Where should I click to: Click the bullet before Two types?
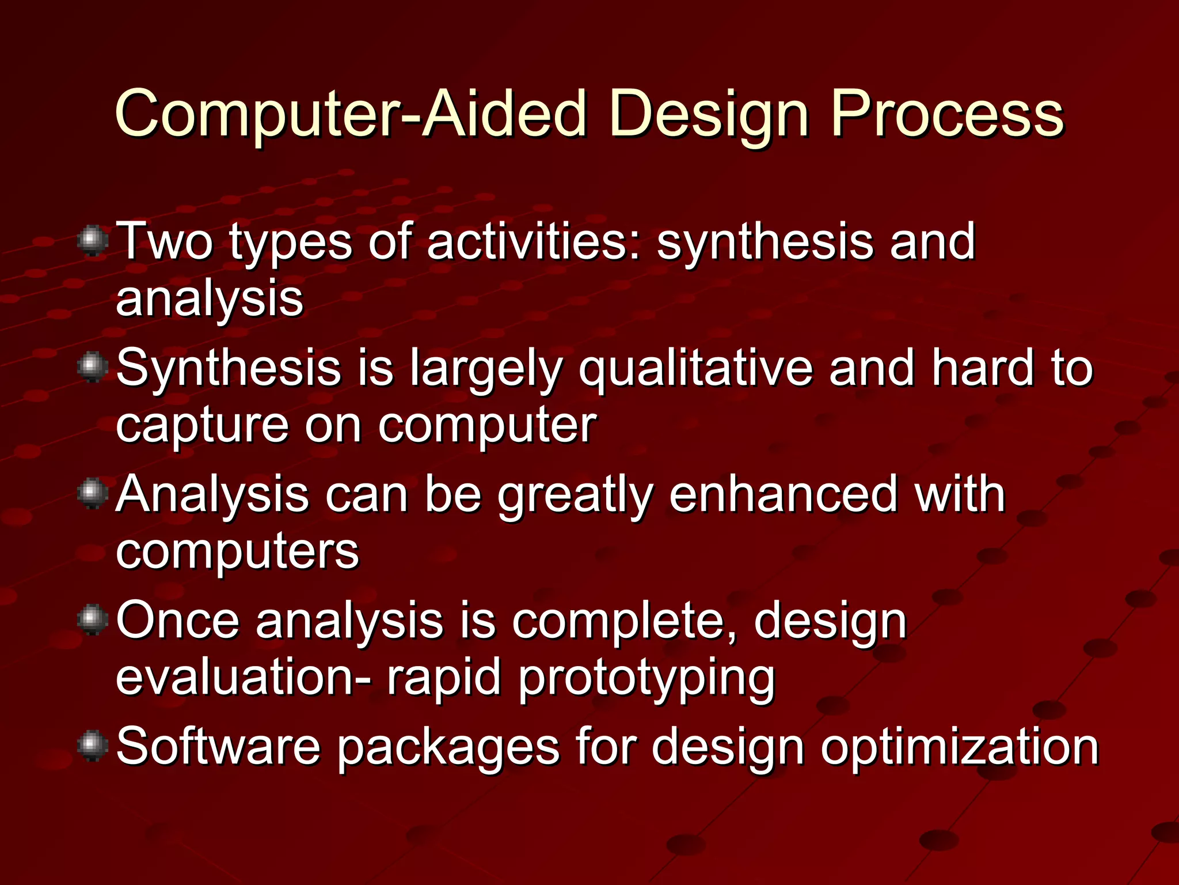click(92, 241)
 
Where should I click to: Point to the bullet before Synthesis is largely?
click(92, 367)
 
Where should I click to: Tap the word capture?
click(201, 426)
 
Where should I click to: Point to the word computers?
click(237, 552)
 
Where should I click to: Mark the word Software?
click(218, 746)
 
